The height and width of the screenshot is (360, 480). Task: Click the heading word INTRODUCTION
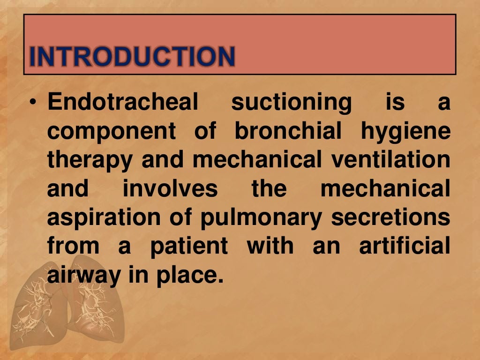click(132, 56)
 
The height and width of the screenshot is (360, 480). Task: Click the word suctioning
click(291, 103)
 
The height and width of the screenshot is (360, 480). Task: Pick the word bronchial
click(288, 131)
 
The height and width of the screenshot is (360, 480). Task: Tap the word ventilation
click(390, 160)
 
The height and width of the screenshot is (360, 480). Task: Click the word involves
click(170, 189)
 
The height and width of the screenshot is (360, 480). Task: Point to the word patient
click(189, 246)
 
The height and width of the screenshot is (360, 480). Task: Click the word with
click(270, 246)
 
